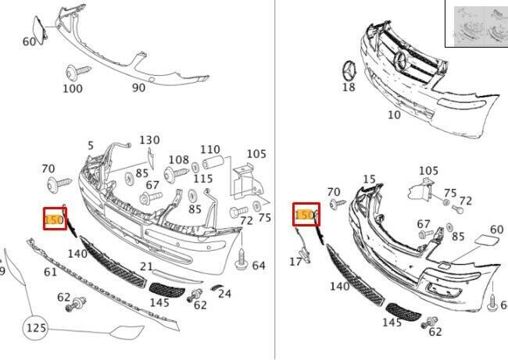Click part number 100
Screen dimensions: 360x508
[72, 89]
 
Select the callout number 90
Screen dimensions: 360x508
[138, 88]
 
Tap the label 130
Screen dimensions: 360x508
[149, 141]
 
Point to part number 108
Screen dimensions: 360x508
[179, 159]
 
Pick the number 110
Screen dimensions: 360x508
[210, 150]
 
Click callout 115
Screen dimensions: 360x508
[203, 179]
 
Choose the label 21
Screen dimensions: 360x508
[146, 267]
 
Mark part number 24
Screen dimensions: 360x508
[225, 294]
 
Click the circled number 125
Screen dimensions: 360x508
[36, 328]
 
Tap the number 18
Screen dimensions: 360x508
[349, 87]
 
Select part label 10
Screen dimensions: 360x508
[394, 115]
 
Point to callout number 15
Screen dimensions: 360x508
[369, 180]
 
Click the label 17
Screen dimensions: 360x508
[295, 262]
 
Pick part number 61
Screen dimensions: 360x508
[50, 272]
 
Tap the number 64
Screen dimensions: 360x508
[259, 266]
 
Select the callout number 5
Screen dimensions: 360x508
[91, 145]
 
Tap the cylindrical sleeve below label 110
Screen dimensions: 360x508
[213, 165]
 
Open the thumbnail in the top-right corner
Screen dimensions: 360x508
[477, 23]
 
